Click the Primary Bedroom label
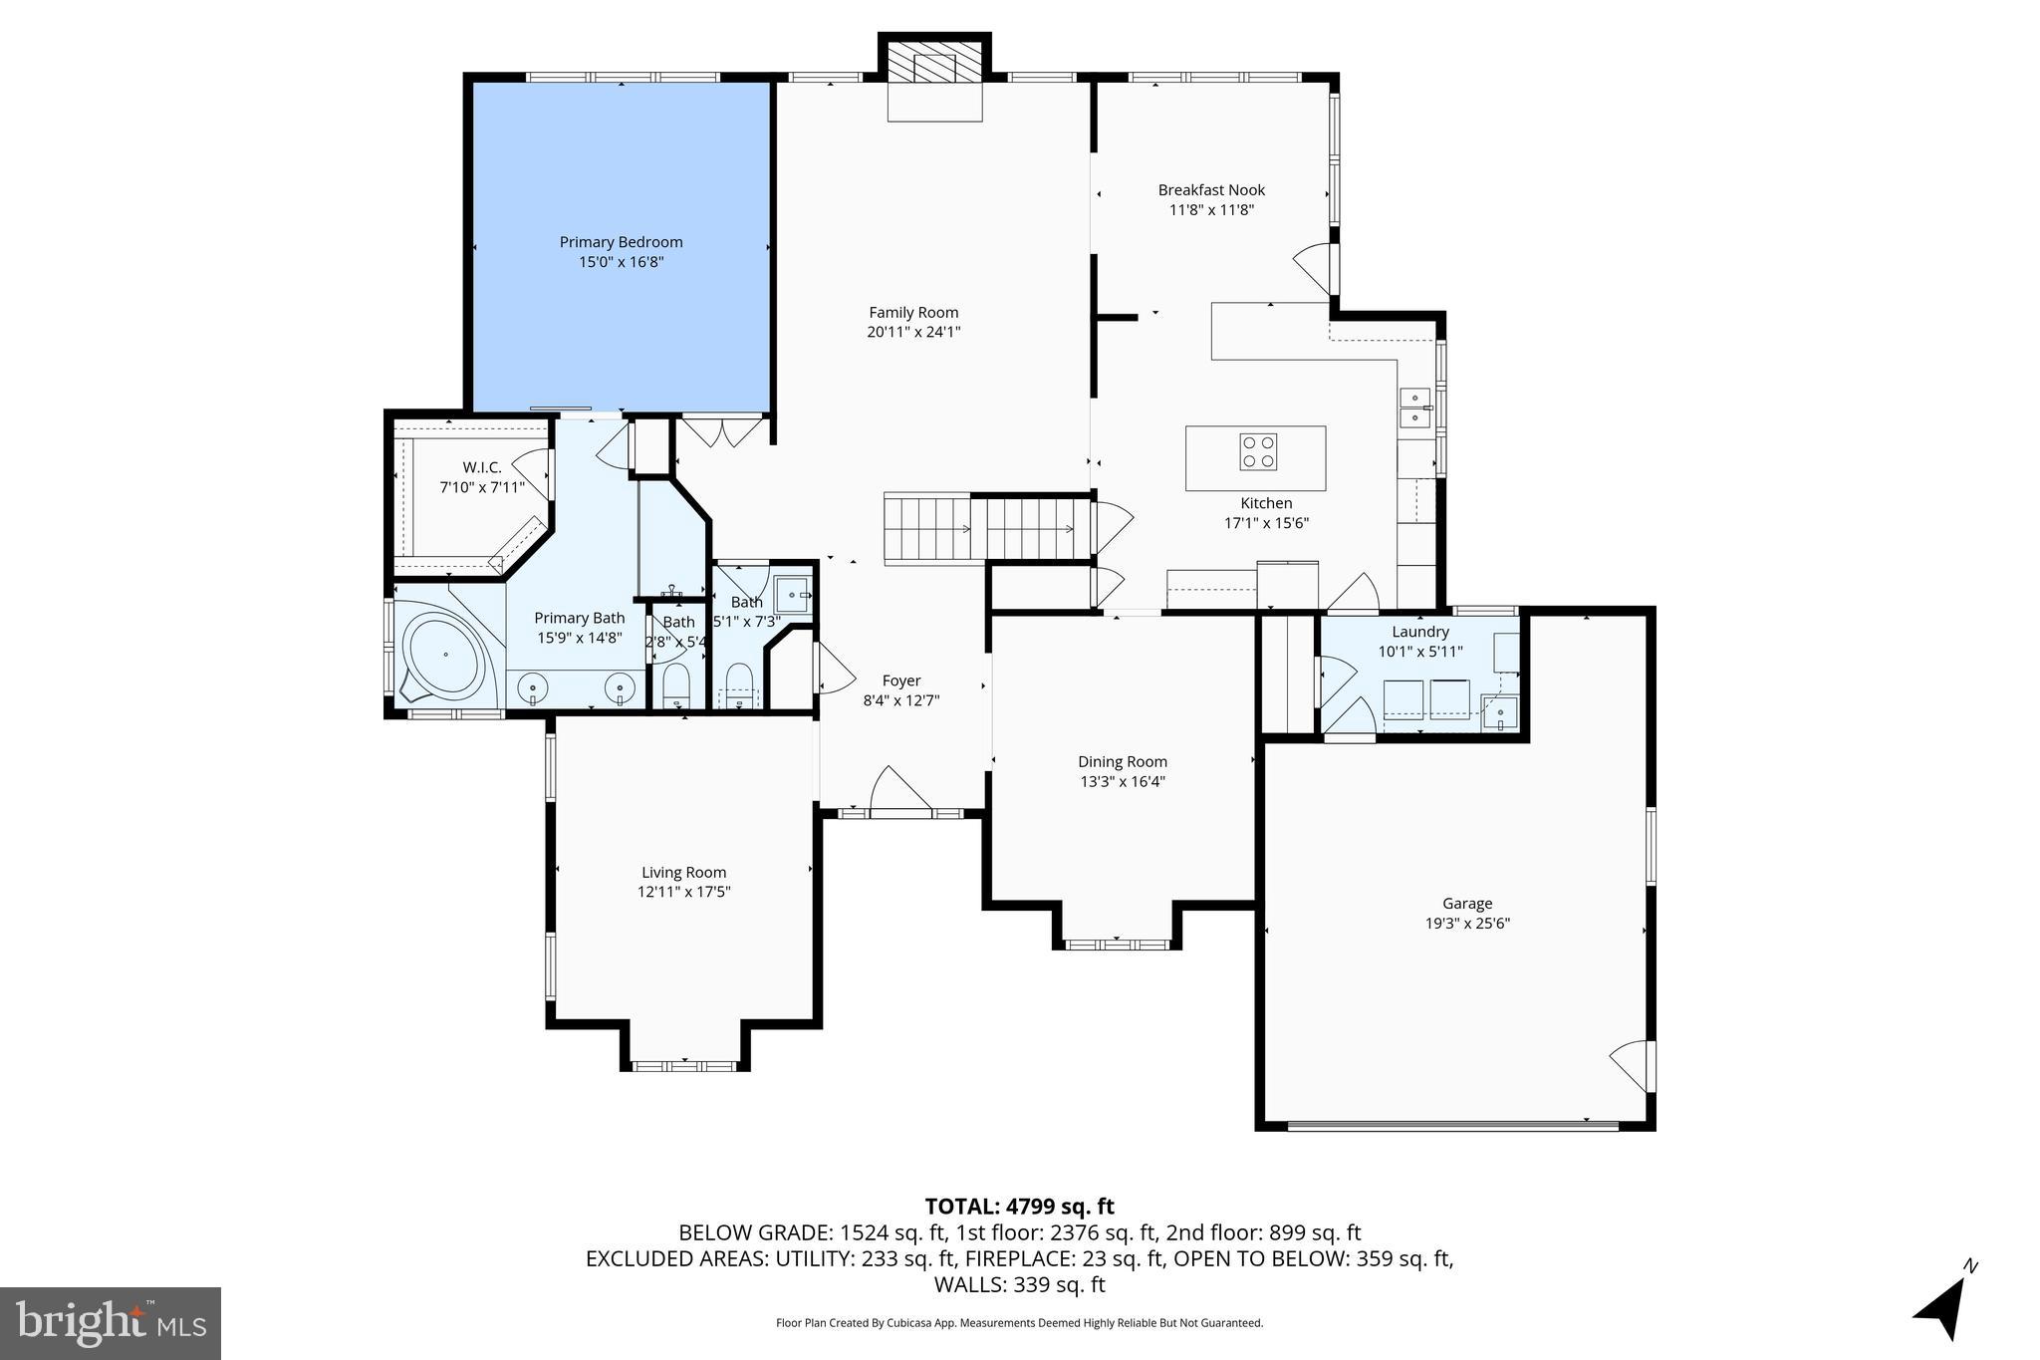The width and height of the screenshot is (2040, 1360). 621,242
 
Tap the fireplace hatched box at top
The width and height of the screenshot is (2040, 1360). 934,67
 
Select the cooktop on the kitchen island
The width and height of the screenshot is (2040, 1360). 1258,451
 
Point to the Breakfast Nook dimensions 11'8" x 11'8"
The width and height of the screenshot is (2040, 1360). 1211,210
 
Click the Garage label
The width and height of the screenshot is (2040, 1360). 1467,904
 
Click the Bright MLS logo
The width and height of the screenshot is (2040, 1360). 111,1323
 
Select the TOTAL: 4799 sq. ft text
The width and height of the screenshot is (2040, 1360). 1019,1207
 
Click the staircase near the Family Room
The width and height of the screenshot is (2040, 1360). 981,529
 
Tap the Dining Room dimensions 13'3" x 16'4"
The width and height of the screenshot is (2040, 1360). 1123,782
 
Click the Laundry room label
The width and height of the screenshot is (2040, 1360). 1420,632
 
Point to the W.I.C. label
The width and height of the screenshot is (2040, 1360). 482,467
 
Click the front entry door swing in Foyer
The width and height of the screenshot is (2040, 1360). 899,791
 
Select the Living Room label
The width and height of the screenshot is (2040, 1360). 683,873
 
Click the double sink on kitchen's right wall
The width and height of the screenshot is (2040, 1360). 1415,408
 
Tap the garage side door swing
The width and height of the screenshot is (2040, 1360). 1630,1065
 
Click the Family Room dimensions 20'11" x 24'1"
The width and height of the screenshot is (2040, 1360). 913,333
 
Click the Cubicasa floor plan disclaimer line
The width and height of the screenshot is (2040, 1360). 1019,1323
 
